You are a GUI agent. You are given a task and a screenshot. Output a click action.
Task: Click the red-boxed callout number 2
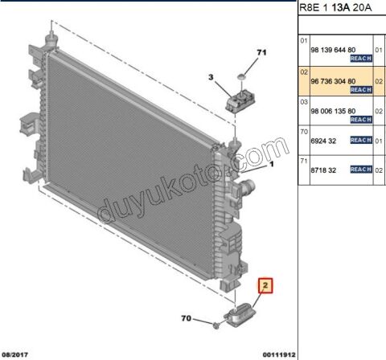[x=265, y=285]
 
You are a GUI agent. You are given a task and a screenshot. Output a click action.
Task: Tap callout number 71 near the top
[x=261, y=52]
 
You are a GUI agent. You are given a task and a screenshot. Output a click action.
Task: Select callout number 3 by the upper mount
[x=211, y=77]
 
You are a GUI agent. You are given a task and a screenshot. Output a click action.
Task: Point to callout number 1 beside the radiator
[x=272, y=164]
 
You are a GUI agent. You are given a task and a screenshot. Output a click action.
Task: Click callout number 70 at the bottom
[x=187, y=318]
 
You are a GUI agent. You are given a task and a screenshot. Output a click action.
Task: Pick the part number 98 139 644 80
[x=333, y=50]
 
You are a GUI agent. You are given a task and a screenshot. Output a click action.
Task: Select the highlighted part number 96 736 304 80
[x=333, y=81]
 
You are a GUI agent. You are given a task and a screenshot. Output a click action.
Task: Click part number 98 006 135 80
[x=333, y=111]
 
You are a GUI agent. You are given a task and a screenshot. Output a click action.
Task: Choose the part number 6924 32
[x=323, y=141]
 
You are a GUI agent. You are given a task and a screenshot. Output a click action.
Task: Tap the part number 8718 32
[x=323, y=170]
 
